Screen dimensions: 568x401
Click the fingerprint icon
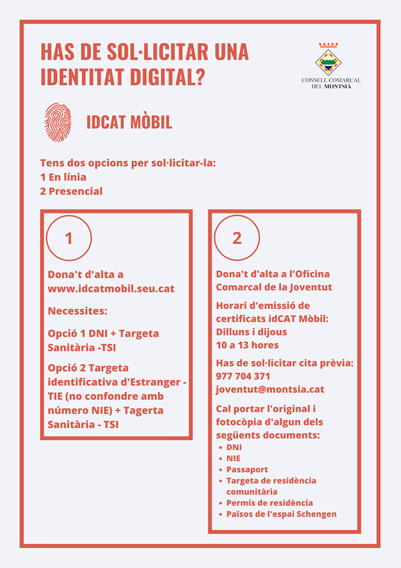pyautogui.click(x=58, y=122)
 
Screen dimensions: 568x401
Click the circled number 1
pyautogui.click(x=69, y=238)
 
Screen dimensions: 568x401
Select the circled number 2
pyautogui.click(x=237, y=238)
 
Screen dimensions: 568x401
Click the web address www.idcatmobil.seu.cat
pyautogui.click(x=111, y=289)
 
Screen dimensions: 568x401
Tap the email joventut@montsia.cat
pyautogui.click(x=270, y=389)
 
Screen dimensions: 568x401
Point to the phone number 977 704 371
pyautogui.click(x=244, y=376)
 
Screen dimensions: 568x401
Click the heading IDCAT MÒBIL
pyautogui.click(x=129, y=122)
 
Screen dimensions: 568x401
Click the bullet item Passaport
pyautogui.click(x=247, y=469)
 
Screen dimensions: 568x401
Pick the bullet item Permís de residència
pyautogui.click(x=269, y=502)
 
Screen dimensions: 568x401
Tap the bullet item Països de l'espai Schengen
pyautogui.click(x=281, y=514)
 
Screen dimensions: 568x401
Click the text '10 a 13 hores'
pyautogui.click(x=247, y=345)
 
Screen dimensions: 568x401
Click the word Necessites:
pyautogui.click(x=77, y=311)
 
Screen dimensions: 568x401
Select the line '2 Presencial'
pyautogui.click(x=71, y=191)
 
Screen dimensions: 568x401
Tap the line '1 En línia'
pyautogui.click(x=63, y=177)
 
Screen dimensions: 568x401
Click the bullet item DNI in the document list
pyautogui.click(x=234, y=447)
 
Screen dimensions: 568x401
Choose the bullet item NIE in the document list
pyautogui.click(x=233, y=458)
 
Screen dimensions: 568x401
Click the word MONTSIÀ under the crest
pyautogui.click(x=341, y=86)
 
